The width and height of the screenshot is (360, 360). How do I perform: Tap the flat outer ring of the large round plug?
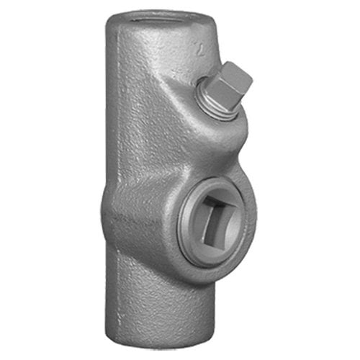(x=193, y=230)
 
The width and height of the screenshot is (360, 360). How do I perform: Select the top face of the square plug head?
(x=233, y=73)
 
